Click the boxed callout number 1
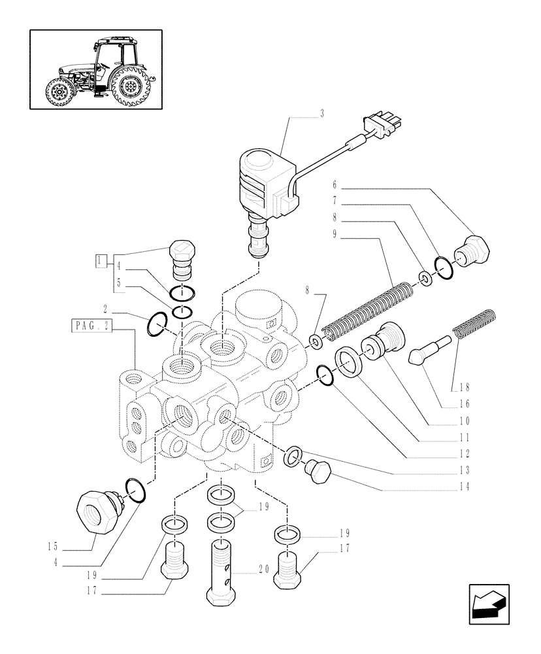pyautogui.click(x=100, y=260)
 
